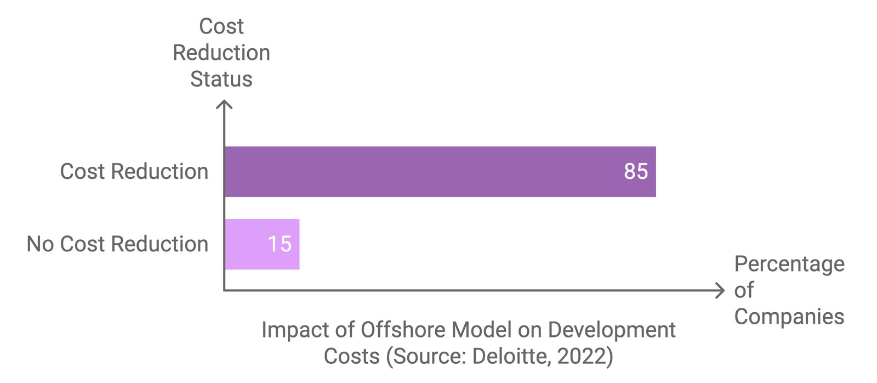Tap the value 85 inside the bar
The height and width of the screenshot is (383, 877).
(x=636, y=172)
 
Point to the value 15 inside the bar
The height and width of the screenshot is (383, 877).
(x=280, y=244)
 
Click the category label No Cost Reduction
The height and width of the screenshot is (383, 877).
(x=117, y=244)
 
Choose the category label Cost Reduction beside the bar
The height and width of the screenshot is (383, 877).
(x=134, y=172)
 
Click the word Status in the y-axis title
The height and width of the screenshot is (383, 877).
(x=221, y=79)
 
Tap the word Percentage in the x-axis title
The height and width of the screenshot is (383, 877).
(x=789, y=264)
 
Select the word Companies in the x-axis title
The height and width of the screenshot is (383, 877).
(x=789, y=317)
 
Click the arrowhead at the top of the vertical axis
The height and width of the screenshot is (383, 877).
(x=224, y=104)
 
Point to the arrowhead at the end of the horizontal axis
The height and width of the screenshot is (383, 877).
(x=721, y=290)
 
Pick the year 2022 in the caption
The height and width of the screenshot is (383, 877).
(x=582, y=357)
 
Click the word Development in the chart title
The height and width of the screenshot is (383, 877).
(x=611, y=330)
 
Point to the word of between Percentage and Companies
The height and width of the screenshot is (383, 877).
(x=744, y=290)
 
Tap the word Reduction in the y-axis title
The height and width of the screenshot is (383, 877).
(x=221, y=53)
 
